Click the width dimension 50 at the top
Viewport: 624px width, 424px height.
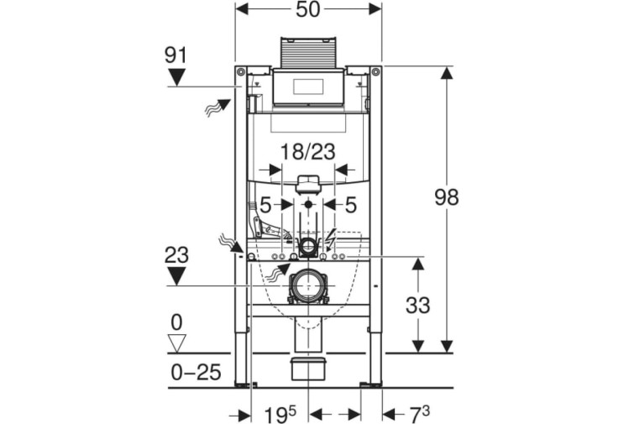pyautogui.click(x=308, y=9)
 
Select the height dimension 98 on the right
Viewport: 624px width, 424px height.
pyautogui.click(x=447, y=197)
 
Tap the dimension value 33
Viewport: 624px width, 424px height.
pyautogui.click(x=418, y=306)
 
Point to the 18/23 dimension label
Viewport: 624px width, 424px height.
pyautogui.click(x=308, y=152)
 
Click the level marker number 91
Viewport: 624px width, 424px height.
pyautogui.click(x=176, y=55)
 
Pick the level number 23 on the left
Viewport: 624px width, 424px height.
pyautogui.click(x=176, y=255)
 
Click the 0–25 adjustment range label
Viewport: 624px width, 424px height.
pyautogui.click(x=196, y=373)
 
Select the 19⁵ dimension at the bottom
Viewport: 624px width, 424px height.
pyautogui.click(x=281, y=415)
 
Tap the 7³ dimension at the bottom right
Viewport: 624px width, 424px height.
pyautogui.click(x=419, y=415)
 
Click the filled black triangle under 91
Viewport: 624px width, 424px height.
pyautogui.click(x=176, y=76)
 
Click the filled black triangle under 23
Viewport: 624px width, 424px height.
pyautogui.click(x=176, y=276)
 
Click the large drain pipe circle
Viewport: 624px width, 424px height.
pyautogui.click(x=307, y=285)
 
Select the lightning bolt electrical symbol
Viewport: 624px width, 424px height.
pyautogui.click(x=330, y=238)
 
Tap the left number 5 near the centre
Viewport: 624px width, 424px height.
pyautogui.click(x=265, y=205)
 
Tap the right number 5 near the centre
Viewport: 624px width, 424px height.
pyautogui.click(x=350, y=205)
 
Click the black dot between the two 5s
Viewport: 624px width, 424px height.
pyautogui.click(x=308, y=205)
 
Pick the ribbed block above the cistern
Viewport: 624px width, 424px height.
pyautogui.click(x=308, y=53)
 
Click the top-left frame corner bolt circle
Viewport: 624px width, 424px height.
pyautogui.click(x=240, y=71)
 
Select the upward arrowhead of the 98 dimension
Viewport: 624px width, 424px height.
pyautogui.click(x=448, y=74)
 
